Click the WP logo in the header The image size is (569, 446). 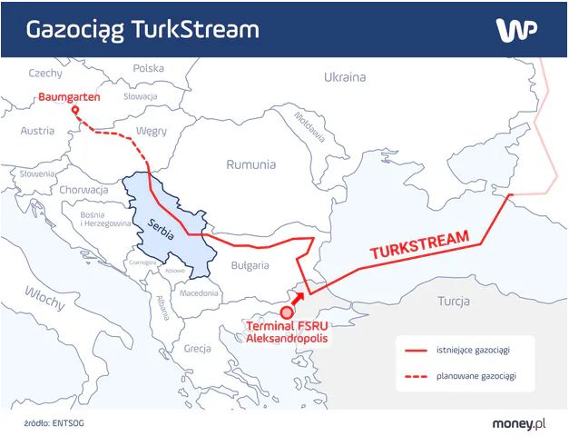point(516,29)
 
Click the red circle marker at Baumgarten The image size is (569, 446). point(75,113)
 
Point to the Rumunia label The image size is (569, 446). point(251,165)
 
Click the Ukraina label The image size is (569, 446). point(345,77)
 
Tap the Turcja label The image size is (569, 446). point(453,301)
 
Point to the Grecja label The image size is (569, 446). point(197,348)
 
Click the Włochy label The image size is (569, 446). point(43,293)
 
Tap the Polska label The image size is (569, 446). point(149,68)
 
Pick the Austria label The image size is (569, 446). point(37,131)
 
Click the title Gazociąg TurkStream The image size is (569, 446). point(142,29)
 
